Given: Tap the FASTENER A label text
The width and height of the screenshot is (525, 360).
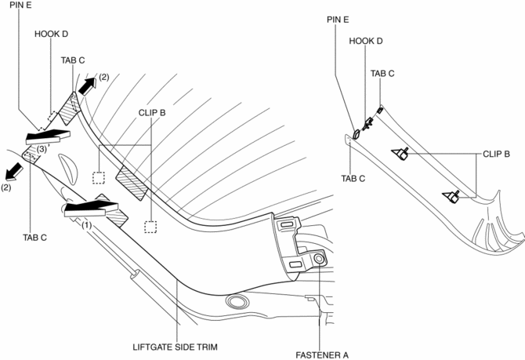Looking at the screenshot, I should (321, 355).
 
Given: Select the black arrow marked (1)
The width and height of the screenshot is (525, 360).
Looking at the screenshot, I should (89, 209).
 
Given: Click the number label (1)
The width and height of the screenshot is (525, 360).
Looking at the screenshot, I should (87, 224).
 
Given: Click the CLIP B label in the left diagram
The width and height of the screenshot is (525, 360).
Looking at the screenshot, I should (152, 112).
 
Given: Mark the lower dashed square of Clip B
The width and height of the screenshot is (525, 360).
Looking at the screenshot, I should (151, 227).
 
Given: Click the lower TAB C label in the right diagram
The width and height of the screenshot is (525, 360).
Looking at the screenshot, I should (353, 178).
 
